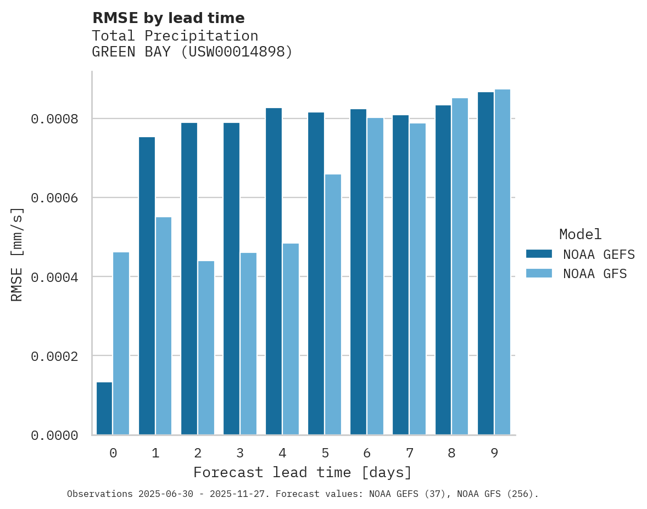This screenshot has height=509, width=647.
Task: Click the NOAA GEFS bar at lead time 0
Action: (x=104, y=409)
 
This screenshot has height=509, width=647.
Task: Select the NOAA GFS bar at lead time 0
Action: (x=121, y=343)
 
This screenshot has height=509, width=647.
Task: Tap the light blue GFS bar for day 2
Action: (x=206, y=348)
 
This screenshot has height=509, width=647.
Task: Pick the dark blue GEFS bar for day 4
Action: (x=274, y=272)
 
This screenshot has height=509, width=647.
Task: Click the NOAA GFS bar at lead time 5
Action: (x=333, y=304)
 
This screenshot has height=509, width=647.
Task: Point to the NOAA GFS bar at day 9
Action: (x=503, y=262)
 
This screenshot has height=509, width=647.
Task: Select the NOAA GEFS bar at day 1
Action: (x=147, y=286)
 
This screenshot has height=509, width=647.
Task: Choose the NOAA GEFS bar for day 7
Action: (x=400, y=275)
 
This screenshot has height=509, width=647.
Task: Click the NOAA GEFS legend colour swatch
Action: (x=539, y=254)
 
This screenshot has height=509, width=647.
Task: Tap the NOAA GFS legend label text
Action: (x=595, y=274)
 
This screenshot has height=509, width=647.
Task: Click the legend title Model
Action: (x=581, y=234)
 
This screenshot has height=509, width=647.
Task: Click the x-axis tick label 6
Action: (x=367, y=453)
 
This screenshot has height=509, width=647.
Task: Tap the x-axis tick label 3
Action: (x=240, y=453)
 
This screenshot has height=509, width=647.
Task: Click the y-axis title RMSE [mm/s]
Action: (x=17, y=254)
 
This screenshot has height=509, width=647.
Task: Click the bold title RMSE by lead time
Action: (x=168, y=18)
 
